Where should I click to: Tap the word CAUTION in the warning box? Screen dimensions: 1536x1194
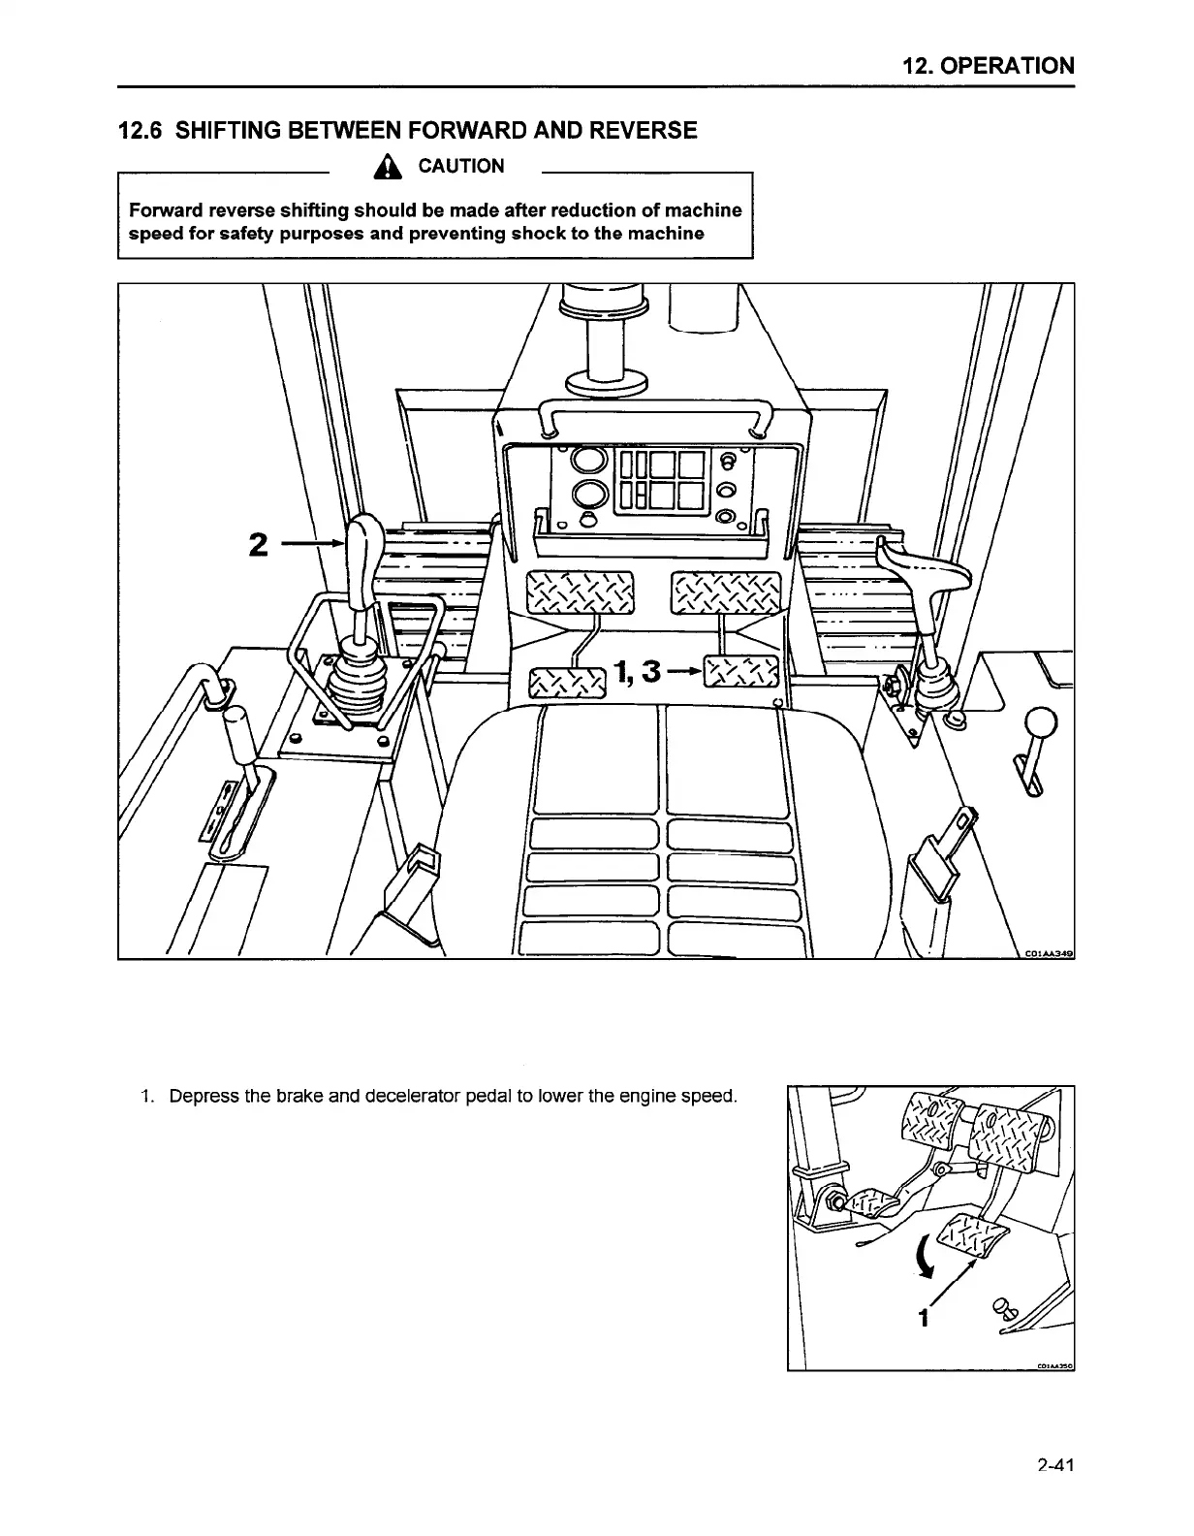point(460,166)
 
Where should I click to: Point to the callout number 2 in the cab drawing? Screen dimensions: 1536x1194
point(258,545)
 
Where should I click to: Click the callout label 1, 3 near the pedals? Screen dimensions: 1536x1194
point(636,670)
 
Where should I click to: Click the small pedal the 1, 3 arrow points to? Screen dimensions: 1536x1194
point(740,673)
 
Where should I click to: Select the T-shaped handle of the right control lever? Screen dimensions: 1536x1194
point(921,566)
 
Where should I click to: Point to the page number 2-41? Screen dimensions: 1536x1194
point(1053,1465)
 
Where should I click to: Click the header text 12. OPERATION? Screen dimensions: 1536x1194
point(988,66)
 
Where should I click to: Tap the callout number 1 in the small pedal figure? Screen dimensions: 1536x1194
point(924,1319)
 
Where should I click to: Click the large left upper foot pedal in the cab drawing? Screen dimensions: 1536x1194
point(579,592)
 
